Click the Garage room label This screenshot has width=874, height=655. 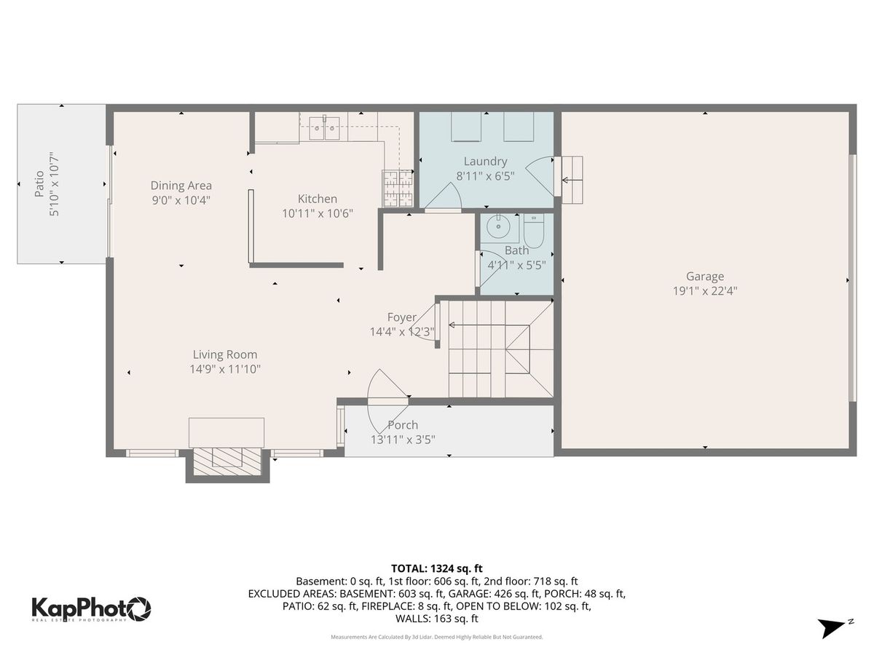(x=705, y=276)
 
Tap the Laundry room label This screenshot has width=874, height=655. (x=485, y=162)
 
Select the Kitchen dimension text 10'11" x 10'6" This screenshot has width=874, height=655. (x=318, y=213)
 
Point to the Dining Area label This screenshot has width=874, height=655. (x=181, y=186)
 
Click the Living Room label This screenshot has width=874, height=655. (x=225, y=354)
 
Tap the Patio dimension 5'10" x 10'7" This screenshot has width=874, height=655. (x=53, y=184)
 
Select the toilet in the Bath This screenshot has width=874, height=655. (x=534, y=231)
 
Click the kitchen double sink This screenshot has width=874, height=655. (x=325, y=128)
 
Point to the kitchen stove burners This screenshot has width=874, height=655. (x=398, y=188)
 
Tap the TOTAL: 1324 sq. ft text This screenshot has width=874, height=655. (x=437, y=568)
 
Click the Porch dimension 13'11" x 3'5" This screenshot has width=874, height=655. (x=403, y=440)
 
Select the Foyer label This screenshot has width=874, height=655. (x=402, y=317)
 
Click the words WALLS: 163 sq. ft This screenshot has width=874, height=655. (x=437, y=619)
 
